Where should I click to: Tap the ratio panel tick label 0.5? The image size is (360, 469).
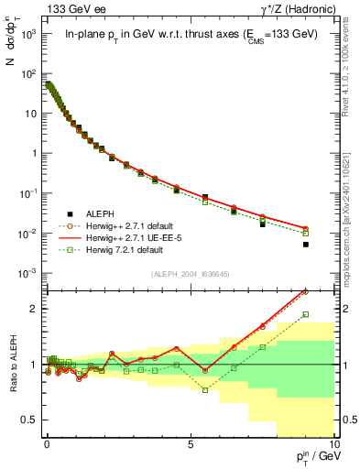(x=27, y=420)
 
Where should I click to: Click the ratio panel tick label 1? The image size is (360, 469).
(x=32, y=365)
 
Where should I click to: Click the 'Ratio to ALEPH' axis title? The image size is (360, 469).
(x=12, y=365)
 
